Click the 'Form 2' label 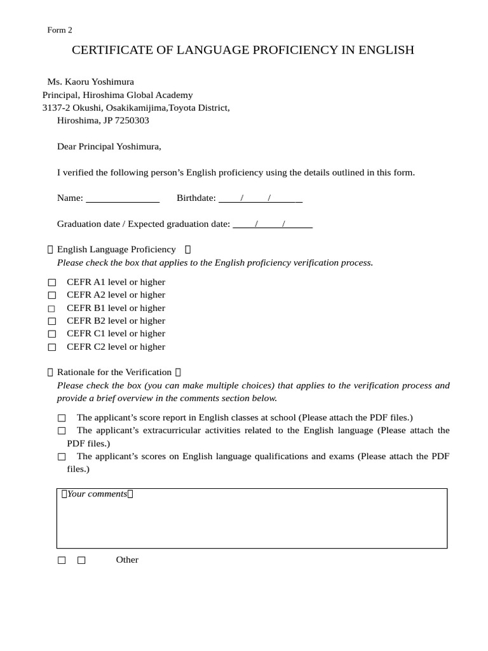[60, 30]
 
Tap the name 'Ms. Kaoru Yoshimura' [90, 82]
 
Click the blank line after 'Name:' [122, 198]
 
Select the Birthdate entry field [261, 198]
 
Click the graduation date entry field [273, 224]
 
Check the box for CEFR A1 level [52, 282]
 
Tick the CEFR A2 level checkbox [52, 295]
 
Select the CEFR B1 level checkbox [52, 308]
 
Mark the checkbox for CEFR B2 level [52, 321]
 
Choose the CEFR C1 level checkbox [52, 334]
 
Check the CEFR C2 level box [52, 347]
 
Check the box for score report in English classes [61, 418]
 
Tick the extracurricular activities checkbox [61, 431]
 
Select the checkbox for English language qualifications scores [61, 456]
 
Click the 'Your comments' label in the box [97, 494]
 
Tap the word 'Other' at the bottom [127, 560]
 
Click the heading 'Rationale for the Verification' [114, 373]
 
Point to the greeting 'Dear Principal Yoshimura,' [109, 147]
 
